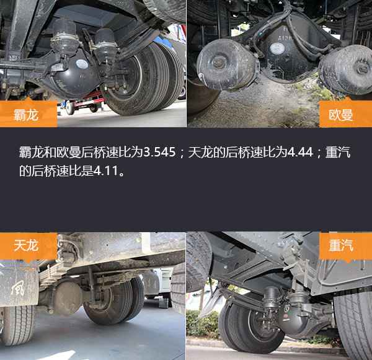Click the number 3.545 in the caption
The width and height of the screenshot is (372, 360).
[159, 152]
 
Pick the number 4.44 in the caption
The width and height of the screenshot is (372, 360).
[300, 152]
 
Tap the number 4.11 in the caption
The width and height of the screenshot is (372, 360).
[106, 171]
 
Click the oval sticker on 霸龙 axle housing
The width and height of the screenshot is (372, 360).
[82, 64]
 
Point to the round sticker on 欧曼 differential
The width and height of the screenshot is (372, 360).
[277, 48]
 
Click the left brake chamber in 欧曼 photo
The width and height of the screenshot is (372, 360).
[226, 64]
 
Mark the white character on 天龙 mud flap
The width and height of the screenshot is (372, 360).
[17, 288]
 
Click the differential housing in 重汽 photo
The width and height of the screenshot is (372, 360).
[294, 318]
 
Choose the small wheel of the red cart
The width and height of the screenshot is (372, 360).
[70, 107]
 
